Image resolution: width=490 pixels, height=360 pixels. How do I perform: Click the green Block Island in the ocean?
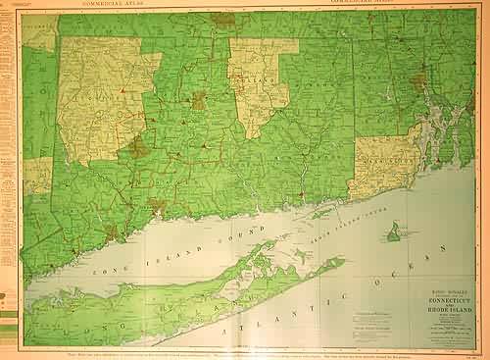click(x=393, y=232)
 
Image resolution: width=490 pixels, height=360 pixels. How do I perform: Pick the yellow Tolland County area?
click(x=257, y=78)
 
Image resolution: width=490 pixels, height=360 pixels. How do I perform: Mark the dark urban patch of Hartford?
click(x=199, y=100)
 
